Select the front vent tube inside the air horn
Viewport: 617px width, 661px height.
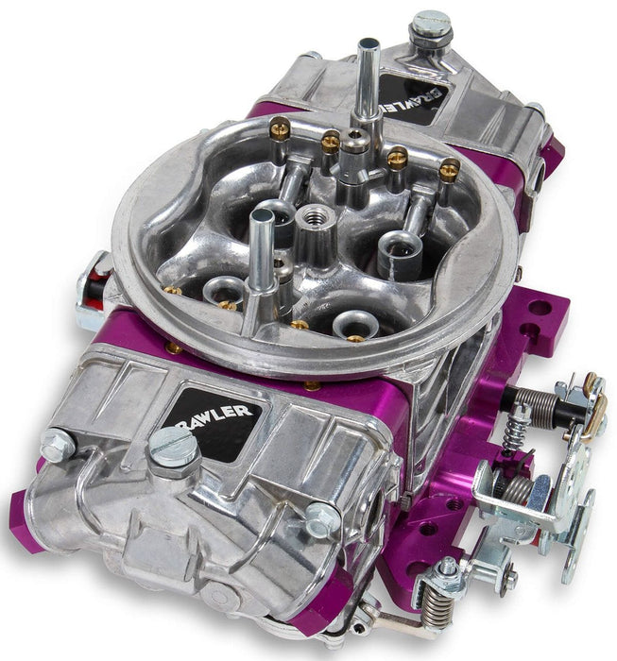(x=260, y=247)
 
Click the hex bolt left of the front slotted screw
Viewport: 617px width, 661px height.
(x=58, y=444)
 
